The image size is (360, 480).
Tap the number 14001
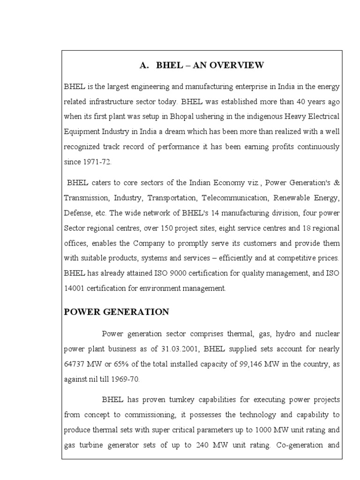click(x=74, y=288)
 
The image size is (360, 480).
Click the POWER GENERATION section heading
click(x=117, y=312)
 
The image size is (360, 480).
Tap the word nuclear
click(x=327, y=334)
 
